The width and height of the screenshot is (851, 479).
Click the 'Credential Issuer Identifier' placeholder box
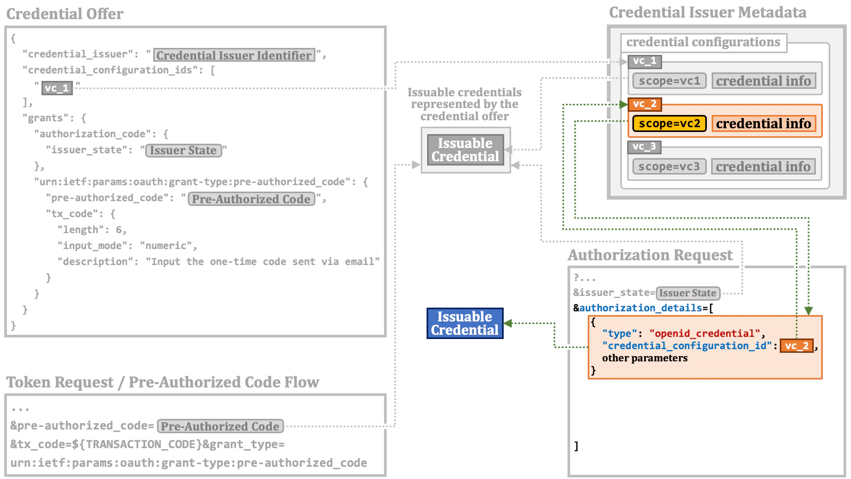coord(234,55)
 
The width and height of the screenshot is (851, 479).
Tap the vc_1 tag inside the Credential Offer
coord(57,88)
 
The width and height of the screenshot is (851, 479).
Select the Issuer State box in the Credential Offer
coord(183,151)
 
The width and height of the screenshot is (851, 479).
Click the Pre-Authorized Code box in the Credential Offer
coord(251,199)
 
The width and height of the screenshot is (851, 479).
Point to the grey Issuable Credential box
coord(465,150)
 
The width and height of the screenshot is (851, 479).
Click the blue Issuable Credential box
coord(465,323)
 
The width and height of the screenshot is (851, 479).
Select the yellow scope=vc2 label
coord(670,123)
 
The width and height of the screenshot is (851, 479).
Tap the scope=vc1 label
coord(669,81)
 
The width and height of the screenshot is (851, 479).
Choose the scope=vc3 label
coord(669,167)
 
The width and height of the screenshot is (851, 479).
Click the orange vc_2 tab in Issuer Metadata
coord(645,104)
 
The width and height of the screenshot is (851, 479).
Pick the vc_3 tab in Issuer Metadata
coord(644,146)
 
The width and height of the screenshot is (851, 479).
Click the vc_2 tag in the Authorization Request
coord(796,346)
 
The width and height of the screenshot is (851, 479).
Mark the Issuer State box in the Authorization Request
coord(688,293)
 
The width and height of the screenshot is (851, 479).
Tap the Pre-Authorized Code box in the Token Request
coord(220,426)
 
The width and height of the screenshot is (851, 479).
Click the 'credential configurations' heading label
coord(703,42)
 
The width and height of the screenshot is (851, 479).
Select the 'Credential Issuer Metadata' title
coord(707,12)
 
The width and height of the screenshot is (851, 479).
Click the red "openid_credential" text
coord(704,334)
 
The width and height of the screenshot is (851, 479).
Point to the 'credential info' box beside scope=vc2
coord(763,123)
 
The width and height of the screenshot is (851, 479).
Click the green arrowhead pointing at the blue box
coord(508,323)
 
